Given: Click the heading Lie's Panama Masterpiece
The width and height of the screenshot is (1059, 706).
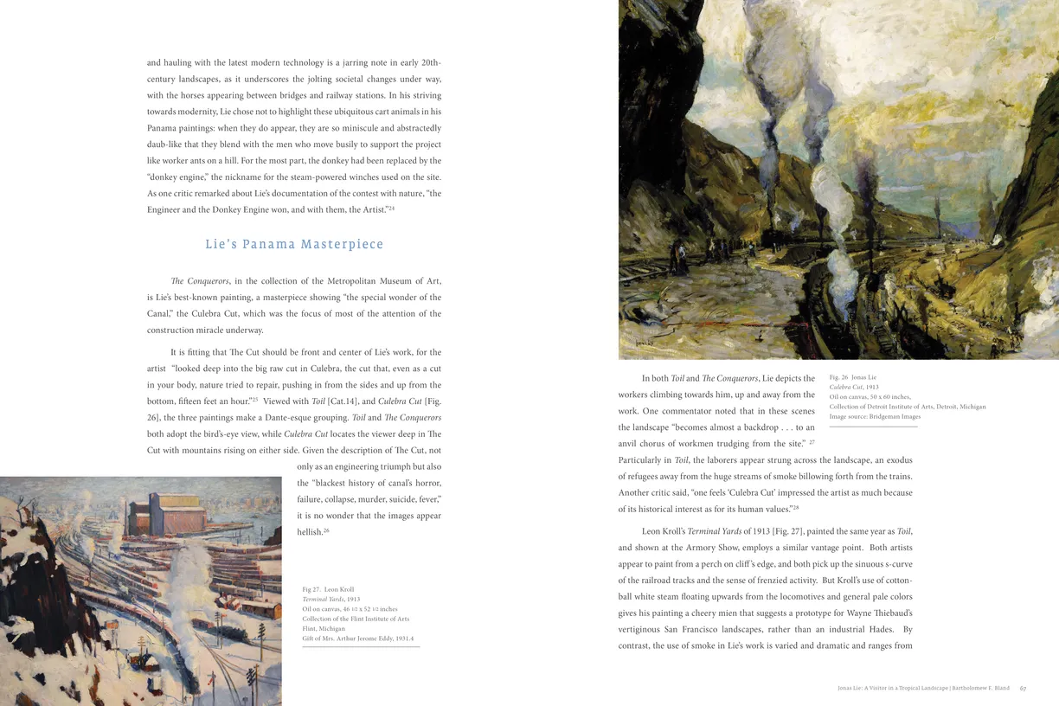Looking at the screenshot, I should point(294,244).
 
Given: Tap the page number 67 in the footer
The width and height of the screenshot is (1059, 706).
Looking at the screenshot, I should point(1023,689).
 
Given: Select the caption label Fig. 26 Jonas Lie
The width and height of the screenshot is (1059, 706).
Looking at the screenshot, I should point(852,377).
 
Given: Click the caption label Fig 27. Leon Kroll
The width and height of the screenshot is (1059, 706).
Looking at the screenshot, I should point(328,589).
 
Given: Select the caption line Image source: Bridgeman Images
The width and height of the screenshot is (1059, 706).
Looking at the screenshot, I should point(875,416).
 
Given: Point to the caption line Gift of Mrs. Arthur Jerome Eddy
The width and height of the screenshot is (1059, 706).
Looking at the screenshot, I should point(353,639).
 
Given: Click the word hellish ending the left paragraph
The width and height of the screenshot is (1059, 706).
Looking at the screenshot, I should point(309,532).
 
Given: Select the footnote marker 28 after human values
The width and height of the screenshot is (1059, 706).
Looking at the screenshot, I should point(795,508).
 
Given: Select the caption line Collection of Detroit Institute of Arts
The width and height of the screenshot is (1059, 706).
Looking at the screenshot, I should point(907,407).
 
